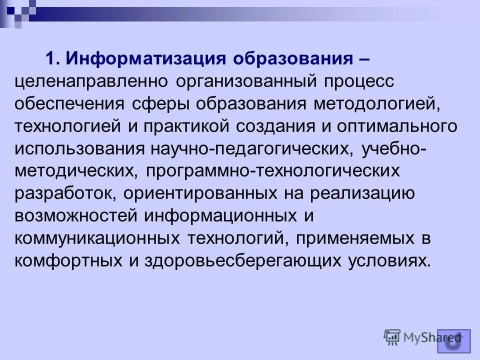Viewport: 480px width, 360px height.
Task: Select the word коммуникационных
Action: coord(95,238)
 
